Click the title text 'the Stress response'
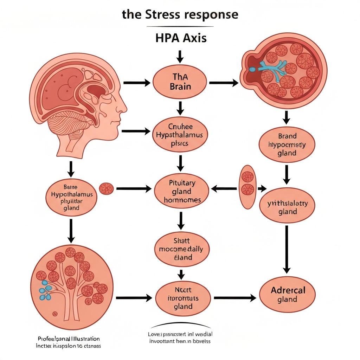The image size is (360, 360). (x=180, y=15)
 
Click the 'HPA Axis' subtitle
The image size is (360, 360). (x=181, y=38)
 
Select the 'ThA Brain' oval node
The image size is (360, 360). (x=180, y=82)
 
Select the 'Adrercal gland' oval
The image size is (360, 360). (x=287, y=295)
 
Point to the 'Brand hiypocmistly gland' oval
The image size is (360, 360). (x=287, y=144)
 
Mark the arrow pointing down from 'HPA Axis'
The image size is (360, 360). (x=180, y=56)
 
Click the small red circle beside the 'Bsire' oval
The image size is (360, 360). (x=106, y=189)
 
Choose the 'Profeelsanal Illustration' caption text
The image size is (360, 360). (x=68, y=339)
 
